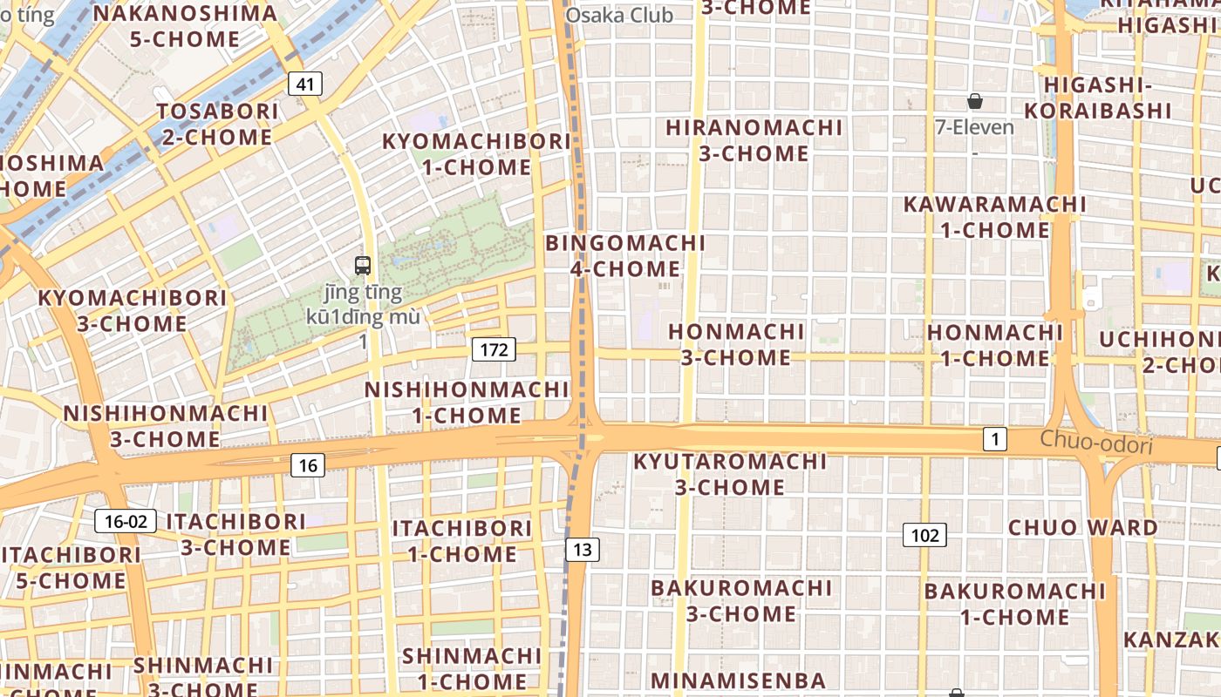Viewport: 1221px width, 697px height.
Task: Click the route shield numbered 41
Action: [304, 84]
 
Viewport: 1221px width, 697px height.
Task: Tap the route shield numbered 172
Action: [494, 350]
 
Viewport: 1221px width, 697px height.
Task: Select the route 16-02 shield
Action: [126, 522]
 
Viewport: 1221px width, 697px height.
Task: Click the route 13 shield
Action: [583, 549]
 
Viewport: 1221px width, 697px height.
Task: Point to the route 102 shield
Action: [924, 535]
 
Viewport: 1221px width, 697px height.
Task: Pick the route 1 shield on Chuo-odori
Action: [994, 439]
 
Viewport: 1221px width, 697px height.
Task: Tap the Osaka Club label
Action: [619, 15]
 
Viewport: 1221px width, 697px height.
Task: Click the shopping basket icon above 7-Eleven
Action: [975, 102]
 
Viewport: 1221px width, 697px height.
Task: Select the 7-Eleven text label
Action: [974, 127]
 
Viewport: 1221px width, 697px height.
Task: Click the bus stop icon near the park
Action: [363, 266]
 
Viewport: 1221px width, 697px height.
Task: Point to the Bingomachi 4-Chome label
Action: [625, 255]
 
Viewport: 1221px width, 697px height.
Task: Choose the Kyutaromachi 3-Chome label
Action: [729, 473]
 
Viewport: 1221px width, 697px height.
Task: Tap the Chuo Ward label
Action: [1083, 527]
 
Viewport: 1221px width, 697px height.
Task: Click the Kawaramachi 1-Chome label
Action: [995, 217]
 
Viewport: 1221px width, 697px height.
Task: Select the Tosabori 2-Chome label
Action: [218, 124]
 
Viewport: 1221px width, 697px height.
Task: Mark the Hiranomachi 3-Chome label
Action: [754, 140]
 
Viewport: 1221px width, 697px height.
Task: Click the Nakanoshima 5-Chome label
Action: [185, 26]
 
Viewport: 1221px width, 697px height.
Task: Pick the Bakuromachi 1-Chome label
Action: [1014, 604]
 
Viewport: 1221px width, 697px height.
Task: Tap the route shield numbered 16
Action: [307, 465]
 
